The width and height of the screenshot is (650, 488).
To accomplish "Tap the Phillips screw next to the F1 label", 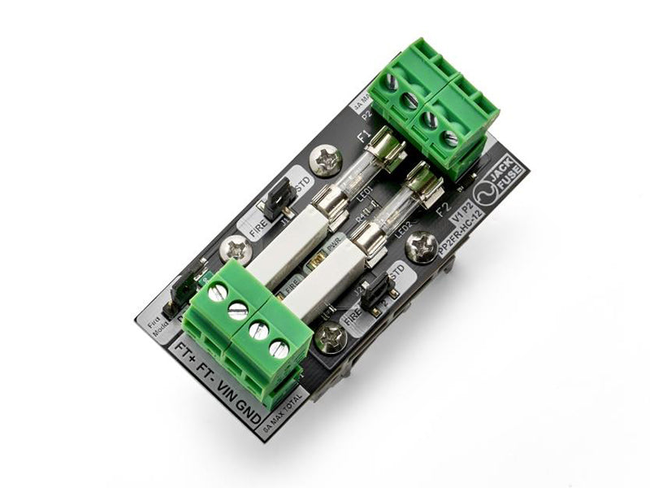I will point(327,160).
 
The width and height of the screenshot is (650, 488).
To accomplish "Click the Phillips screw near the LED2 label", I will point(422,246).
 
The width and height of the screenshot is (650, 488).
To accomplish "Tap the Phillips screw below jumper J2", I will point(331,338).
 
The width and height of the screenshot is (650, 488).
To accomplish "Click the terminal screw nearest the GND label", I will point(279,350).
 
